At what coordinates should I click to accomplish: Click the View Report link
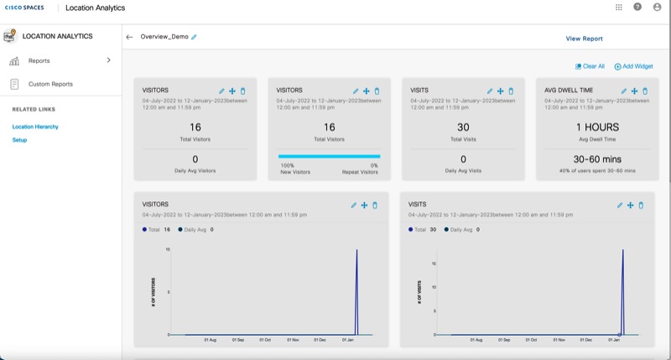point(584,39)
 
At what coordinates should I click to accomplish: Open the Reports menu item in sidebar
point(39,60)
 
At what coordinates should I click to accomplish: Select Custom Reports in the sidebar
point(50,84)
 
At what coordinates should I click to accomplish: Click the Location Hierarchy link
point(35,127)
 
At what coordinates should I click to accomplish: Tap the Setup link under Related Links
point(19,140)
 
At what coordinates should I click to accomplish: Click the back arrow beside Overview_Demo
point(129,37)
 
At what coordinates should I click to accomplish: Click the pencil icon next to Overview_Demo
point(195,37)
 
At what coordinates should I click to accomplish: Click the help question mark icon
point(637,8)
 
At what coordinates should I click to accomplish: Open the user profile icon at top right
point(657,8)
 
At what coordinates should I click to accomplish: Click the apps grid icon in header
point(619,8)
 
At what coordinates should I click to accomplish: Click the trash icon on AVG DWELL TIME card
point(644,91)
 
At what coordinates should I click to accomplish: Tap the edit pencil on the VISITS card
point(490,91)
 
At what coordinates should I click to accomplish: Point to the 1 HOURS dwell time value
point(597,128)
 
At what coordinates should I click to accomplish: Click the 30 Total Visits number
point(463,128)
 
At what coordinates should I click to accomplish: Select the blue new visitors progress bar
point(329,156)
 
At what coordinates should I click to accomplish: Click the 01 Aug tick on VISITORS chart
point(211,340)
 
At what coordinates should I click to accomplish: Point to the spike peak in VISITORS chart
point(357,250)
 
